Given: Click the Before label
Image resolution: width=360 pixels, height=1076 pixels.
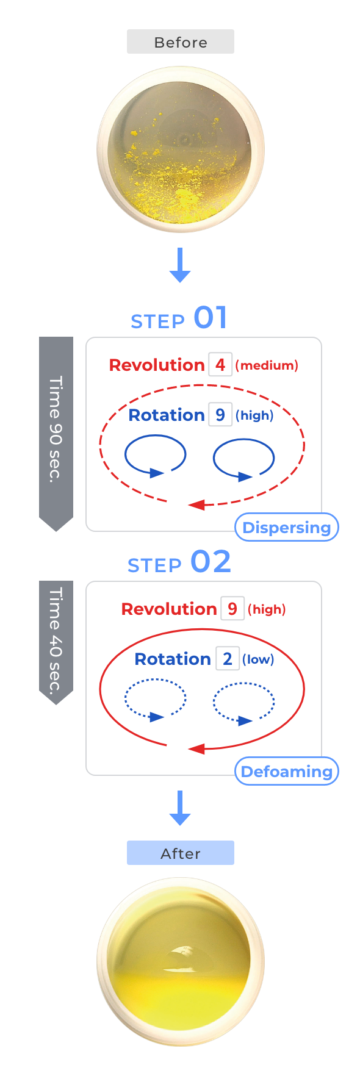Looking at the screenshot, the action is [180, 41].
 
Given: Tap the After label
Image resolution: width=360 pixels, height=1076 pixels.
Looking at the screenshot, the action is [180, 853].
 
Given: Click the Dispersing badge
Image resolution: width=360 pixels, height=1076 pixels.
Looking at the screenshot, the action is [287, 528].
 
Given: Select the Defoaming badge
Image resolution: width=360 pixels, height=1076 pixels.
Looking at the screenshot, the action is [287, 772].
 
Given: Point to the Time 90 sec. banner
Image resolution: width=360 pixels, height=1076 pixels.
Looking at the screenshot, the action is [56, 433].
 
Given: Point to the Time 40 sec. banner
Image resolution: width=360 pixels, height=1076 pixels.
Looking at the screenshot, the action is [56, 642].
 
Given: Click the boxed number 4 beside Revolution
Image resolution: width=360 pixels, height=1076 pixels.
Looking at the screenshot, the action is [220, 365].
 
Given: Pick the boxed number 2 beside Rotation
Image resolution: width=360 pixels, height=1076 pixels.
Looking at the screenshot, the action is [228, 659].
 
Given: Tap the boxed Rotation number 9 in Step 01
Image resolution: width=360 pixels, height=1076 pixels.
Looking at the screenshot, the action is [220, 415].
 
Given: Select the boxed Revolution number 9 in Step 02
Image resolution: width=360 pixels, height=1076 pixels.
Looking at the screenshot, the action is [232, 609].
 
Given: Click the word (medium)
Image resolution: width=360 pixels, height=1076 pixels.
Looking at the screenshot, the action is [267, 365].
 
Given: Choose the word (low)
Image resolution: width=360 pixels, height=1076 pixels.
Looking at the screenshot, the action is [258, 659].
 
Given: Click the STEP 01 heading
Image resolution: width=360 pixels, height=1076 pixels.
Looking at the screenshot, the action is [179, 318].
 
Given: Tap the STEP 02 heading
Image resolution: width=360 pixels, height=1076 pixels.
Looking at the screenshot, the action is [179, 562].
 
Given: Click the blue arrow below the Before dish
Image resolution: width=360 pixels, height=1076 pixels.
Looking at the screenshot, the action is [180, 265].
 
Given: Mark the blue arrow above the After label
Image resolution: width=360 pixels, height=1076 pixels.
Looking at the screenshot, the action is [180, 808].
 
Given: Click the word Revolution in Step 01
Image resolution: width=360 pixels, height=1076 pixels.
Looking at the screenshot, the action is [157, 365].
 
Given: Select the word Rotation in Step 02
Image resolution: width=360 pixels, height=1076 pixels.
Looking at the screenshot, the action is [173, 659].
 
